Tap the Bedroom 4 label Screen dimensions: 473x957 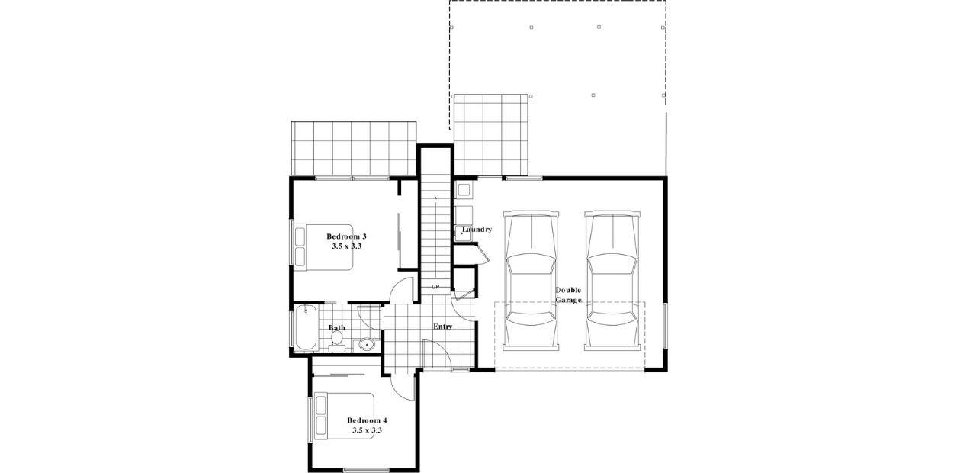pyautogui.click(x=367, y=420)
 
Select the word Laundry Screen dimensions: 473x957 pyautogui.click(x=477, y=229)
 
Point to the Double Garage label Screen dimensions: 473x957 pyautogui.click(x=569, y=294)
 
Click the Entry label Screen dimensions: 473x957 pyautogui.click(x=442, y=327)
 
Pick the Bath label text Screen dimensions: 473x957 pyautogui.click(x=336, y=328)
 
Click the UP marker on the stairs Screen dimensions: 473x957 pyautogui.click(x=435, y=287)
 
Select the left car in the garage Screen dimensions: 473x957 pyautogui.click(x=531, y=281)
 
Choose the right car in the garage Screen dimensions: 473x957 pyautogui.click(x=612, y=281)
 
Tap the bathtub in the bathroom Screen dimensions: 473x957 pyautogui.click(x=305, y=327)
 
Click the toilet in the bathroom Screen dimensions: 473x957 pyautogui.click(x=337, y=340)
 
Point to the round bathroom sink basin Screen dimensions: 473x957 pyautogui.click(x=368, y=344)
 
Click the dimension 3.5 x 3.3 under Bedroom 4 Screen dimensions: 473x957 pyautogui.click(x=367, y=430)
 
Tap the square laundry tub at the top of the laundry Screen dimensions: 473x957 pyautogui.click(x=463, y=189)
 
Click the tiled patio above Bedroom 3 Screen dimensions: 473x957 pyautogui.click(x=352, y=148)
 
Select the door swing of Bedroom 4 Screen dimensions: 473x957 pyautogui.click(x=404, y=386)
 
